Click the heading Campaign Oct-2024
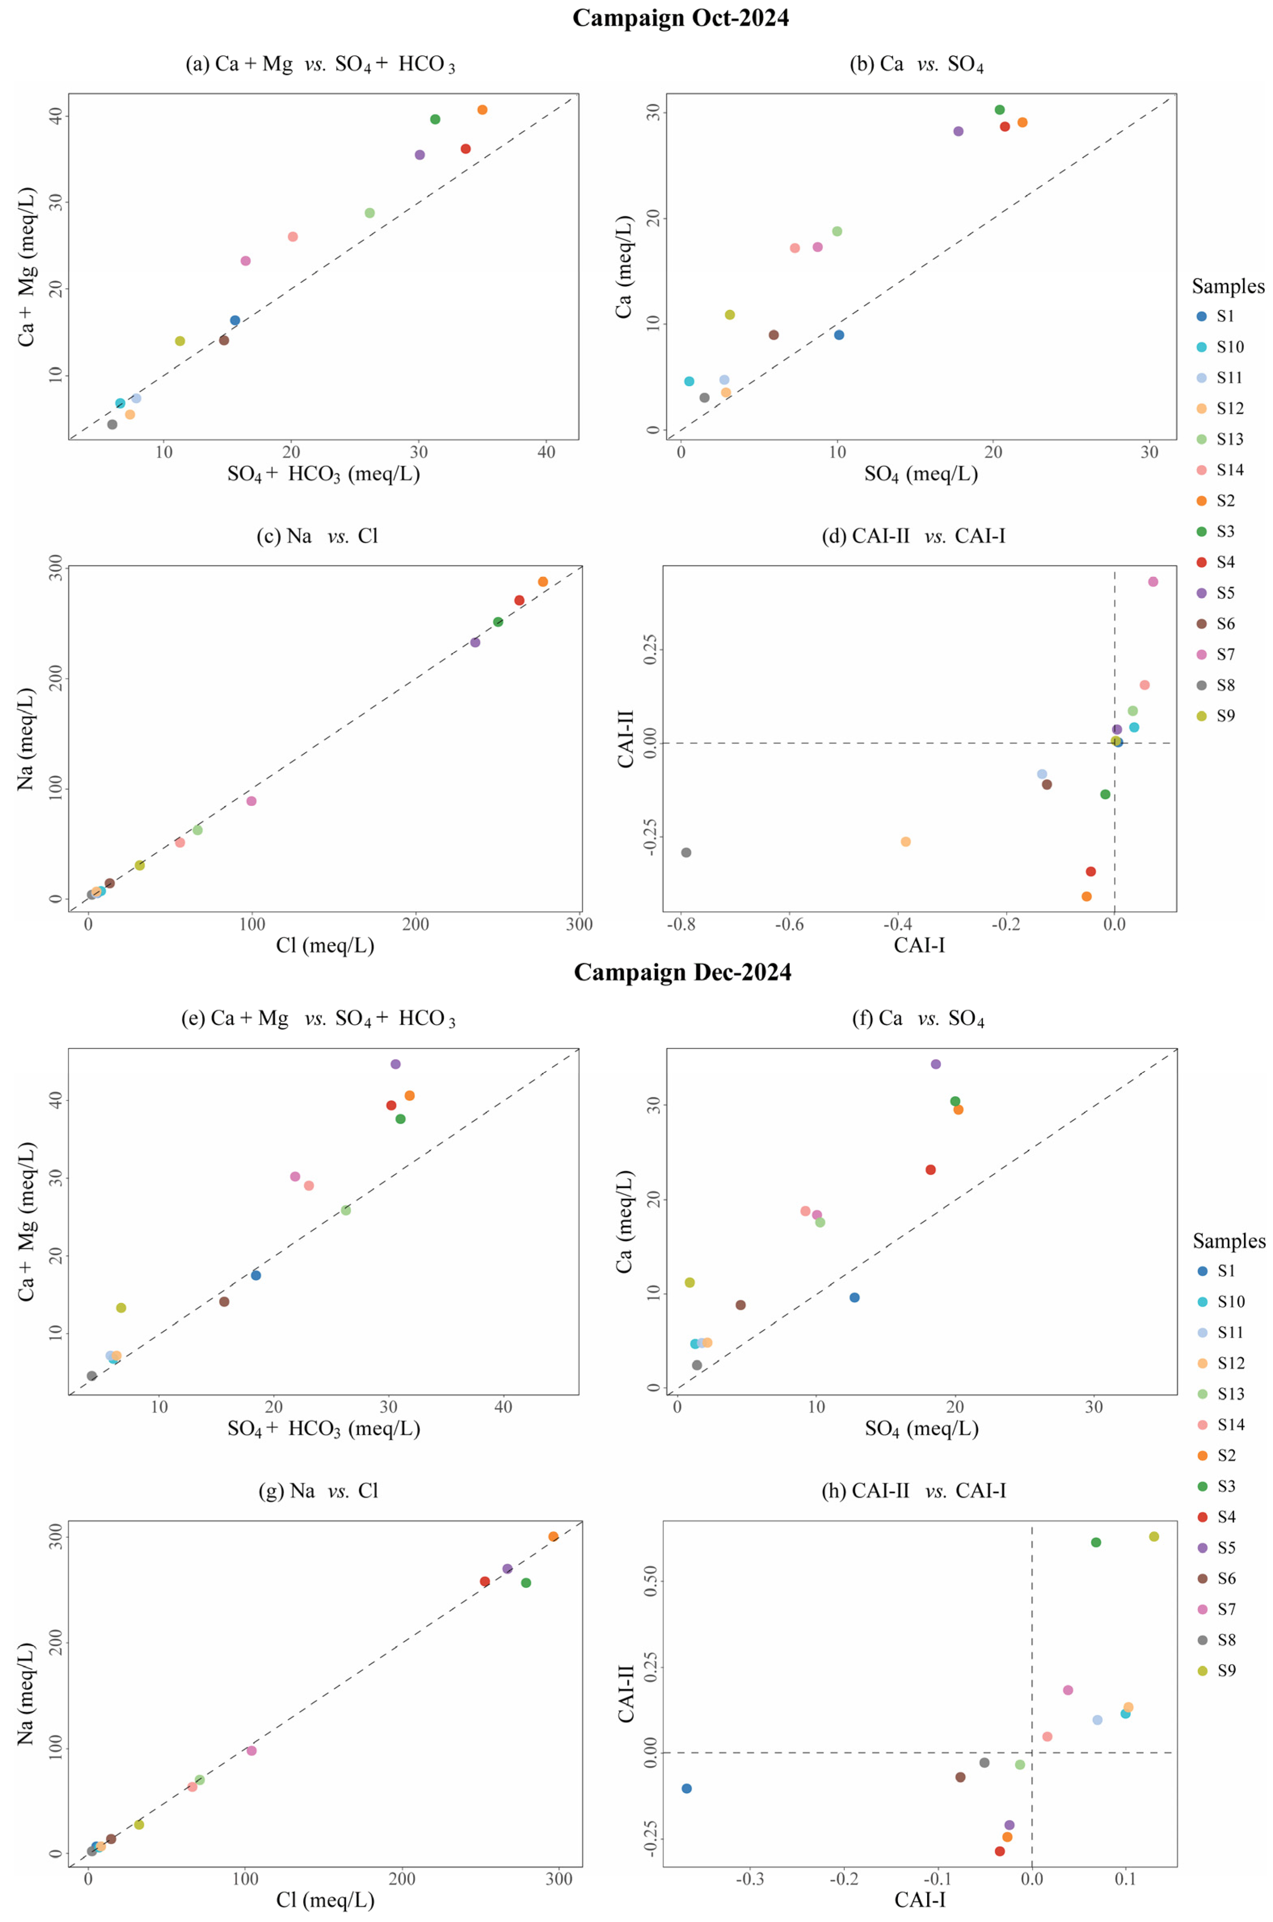coord(680,18)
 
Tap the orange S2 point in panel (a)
coord(482,109)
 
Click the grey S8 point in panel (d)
coord(686,853)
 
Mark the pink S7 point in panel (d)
coord(1153,581)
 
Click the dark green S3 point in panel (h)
coord(1096,1542)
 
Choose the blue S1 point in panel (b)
coord(839,335)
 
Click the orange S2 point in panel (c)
coord(542,581)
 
